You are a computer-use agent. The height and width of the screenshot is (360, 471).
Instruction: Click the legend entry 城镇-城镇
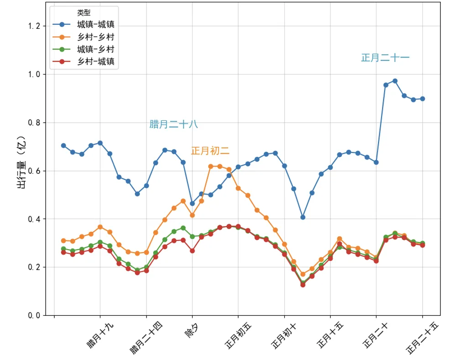[x=95, y=24]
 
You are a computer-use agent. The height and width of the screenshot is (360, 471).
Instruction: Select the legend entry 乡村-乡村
[x=95, y=37]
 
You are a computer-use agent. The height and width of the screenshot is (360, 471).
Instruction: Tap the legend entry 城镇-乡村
[x=95, y=49]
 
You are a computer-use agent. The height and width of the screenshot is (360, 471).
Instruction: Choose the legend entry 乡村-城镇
[x=95, y=61]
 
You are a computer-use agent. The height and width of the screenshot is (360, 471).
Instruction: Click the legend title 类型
[x=84, y=13]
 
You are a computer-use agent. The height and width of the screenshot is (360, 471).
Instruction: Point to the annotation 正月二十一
[x=385, y=58]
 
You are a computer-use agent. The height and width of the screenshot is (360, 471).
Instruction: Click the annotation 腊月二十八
[x=173, y=124]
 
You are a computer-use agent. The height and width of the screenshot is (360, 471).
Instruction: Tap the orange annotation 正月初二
[x=210, y=151]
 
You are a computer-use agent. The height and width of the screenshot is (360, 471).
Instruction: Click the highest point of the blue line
[x=395, y=81]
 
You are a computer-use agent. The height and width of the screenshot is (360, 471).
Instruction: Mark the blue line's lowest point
[x=303, y=217]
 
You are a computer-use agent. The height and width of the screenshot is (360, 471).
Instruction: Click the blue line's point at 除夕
[x=192, y=203]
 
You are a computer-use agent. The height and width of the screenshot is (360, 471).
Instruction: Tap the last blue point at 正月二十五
[x=422, y=99]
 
